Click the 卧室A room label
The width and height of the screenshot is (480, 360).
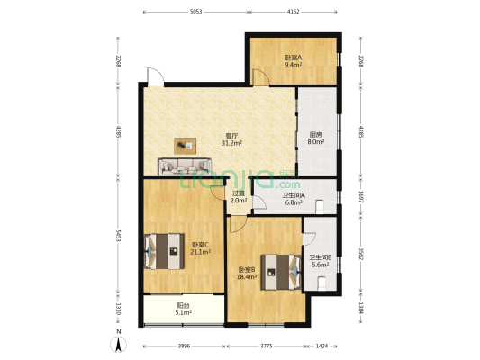pyautogui.click(x=293, y=57)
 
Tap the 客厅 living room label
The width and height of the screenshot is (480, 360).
pyautogui.click(x=231, y=137)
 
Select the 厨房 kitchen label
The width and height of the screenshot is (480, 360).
pyautogui.click(x=316, y=134)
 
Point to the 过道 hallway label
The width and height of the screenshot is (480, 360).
pyautogui.click(x=238, y=193)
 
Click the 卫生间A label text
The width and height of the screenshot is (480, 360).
pyautogui.click(x=294, y=195)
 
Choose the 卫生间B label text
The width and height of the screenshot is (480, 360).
pyautogui.click(x=321, y=257)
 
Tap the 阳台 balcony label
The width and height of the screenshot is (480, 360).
pyautogui.click(x=183, y=305)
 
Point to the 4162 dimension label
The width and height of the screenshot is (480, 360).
pyautogui.click(x=294, y=12)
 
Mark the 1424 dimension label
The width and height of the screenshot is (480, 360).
pyautogui.click(x=321, y=345)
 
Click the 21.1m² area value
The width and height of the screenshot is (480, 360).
pyautogui.click(x=201, y=252)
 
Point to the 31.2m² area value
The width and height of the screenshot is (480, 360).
pyautogui.click(x=231, y=144)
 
